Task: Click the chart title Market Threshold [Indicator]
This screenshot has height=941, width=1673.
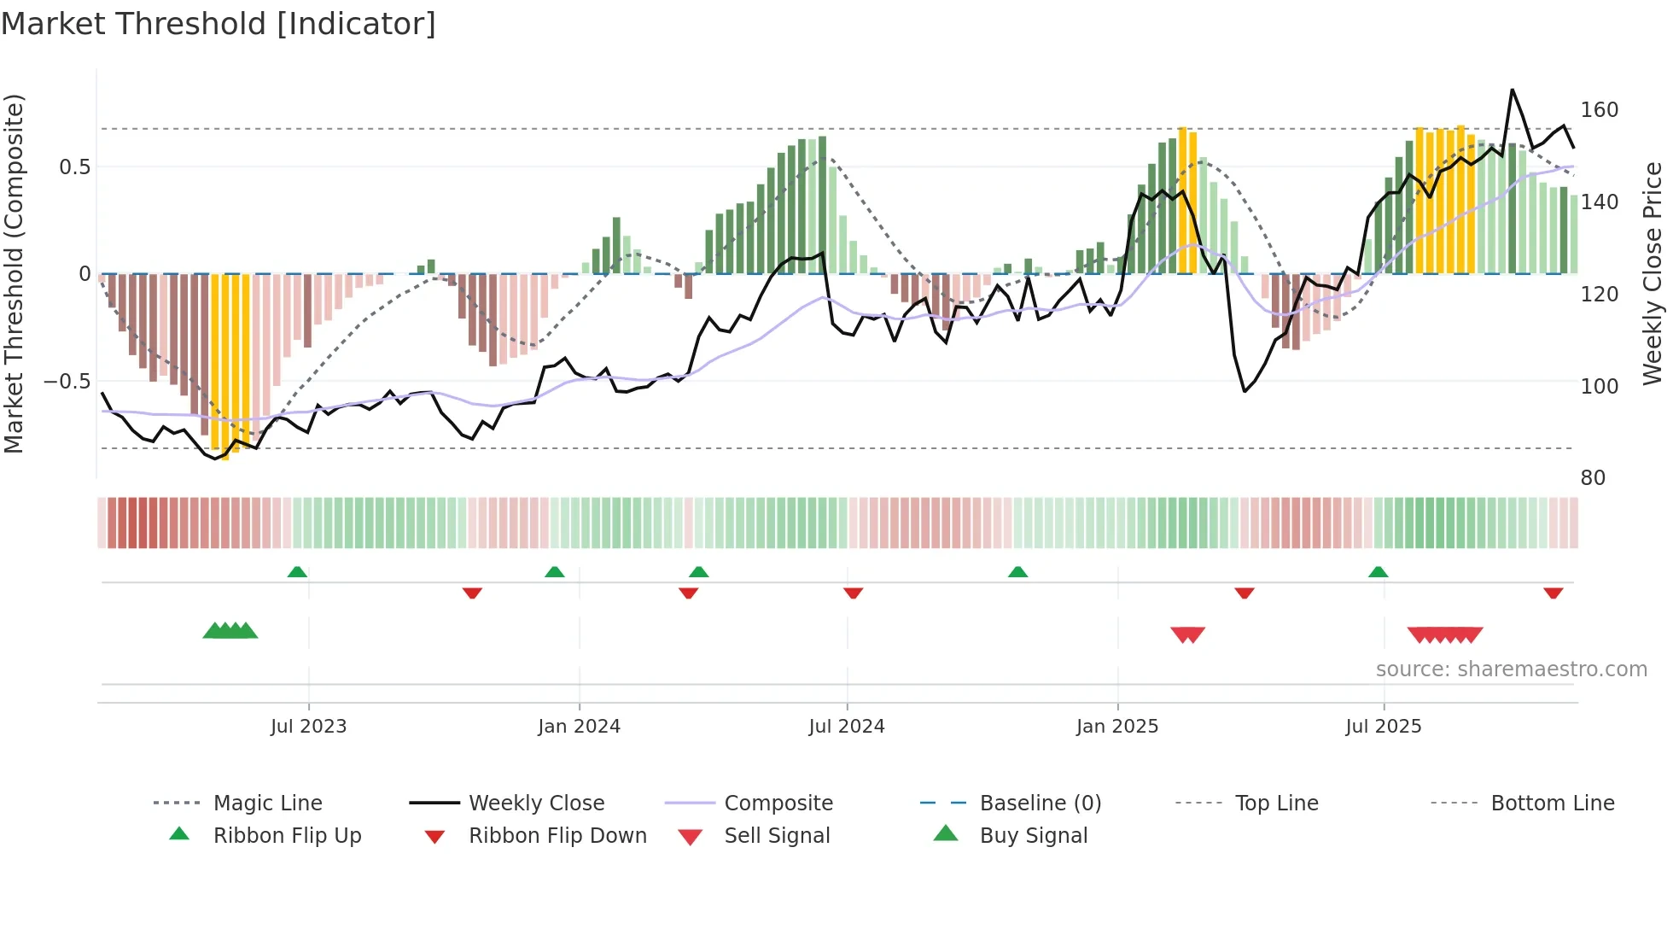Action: pyautogui.click(x=219, y=24)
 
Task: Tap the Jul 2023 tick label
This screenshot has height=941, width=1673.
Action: pyautogui.click(x=308, y=727)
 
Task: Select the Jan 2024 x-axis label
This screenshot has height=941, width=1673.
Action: pyautogui.click(x=579, y=727)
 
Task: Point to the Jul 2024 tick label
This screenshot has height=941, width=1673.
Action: pyautogui.click(x=846, y=727)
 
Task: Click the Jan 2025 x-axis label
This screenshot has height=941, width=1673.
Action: pyautogui.click(x=1116, y=727)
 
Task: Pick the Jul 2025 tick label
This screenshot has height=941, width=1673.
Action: pyautogui.click(x=1383, y=727)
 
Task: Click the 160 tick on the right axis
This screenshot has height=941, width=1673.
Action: pyautogui.click(x=1599, y=110)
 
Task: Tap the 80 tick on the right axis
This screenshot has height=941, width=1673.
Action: pyautogui.click(x=1593, y=478)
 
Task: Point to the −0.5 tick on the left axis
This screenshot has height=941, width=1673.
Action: pyautogui.click(x=67, y=382)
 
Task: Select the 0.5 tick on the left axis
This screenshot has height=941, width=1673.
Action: pyautogui.click(x=74, y=167)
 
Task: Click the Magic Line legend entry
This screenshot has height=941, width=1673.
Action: pyautogui.click(x=267, y=804)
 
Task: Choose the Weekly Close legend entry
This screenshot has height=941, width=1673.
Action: pyautogui.click(x=536, y=804)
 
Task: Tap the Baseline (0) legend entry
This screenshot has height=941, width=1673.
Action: pyautogui.click(x=1040, y=804)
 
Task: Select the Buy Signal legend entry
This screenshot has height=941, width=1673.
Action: pyautogui.click(x=1033, y=836)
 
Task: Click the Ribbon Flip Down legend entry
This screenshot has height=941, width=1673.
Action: pyautogui.click(x=557, y=836)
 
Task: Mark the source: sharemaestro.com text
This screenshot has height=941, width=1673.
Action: pyautogui.click(x=1511, y=669)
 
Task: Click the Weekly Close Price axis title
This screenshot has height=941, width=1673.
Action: pyautogui.click(x=1653, y=273)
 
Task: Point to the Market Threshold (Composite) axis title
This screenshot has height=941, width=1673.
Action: pyautogui.click(x=14, y=273)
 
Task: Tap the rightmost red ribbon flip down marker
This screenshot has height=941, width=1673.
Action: pyautogui.click(x=1553, y=593)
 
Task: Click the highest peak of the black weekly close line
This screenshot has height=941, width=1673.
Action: pyautogui.click(x=1512, y=90)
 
